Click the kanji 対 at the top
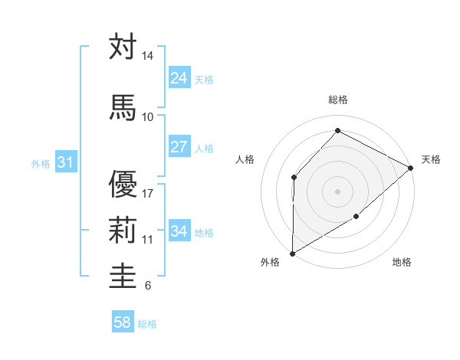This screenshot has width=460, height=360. tap(123, 47)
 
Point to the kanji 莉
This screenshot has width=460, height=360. tap(123, 230)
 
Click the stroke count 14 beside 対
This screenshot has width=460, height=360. tap(147, 57)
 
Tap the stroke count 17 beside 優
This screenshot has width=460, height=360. tap(147, 193)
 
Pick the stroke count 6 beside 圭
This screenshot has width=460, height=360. tap(147, 286)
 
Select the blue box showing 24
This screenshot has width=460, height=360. tap(179, 78)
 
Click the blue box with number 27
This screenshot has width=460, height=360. tap(179, 147)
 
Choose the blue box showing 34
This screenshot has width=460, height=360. tap(179, 231)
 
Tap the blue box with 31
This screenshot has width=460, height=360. tap(65, 162)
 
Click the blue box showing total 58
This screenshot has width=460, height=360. tap(123, 322)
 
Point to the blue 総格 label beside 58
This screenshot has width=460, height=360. tap(147, 324)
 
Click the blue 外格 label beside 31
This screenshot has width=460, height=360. tap(40, 163)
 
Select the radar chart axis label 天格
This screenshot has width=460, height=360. tap(431, 159)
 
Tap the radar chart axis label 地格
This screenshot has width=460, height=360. tap(402, 263)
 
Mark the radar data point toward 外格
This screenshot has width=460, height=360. tap(292, 254)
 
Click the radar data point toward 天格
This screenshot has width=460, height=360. tap(411, 168)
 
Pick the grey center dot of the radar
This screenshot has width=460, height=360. tap(337, 191)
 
